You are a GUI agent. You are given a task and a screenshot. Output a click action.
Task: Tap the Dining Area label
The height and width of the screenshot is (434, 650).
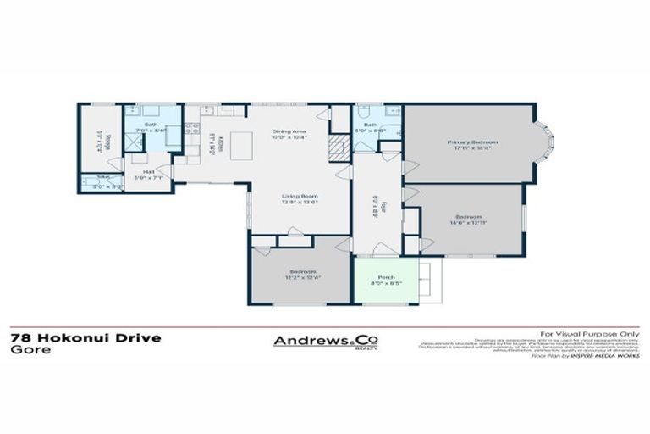[x=288, y=134]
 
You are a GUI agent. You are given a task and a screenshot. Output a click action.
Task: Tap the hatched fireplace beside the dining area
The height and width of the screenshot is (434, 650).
[x=339, y=150]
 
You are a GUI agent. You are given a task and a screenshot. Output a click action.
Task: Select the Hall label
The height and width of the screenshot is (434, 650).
[x=148, y=175]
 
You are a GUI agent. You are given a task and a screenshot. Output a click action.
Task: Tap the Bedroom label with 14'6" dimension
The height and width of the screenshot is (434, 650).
[x=465, y=218]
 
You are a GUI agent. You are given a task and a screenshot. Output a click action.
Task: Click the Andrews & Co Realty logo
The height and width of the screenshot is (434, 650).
[x=326, y=341]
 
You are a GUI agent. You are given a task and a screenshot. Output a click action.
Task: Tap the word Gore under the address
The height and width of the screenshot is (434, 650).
[x=26, y=349]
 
